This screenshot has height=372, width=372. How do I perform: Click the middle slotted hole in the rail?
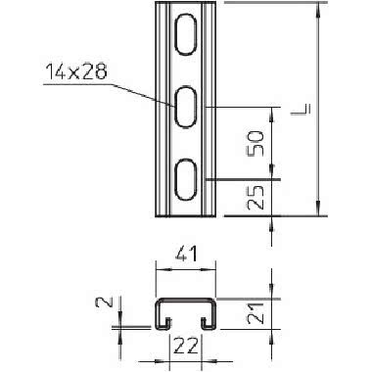click(184, 107)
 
